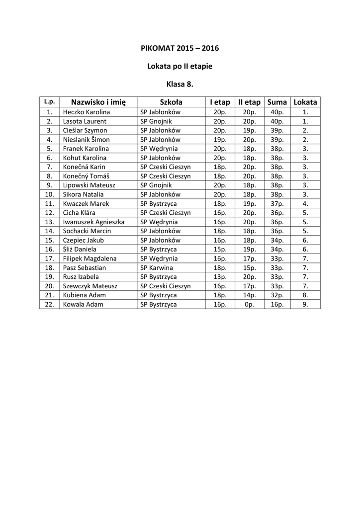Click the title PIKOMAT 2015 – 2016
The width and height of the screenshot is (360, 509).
180,48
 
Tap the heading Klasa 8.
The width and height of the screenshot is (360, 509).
180,84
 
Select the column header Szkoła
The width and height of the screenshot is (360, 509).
171,102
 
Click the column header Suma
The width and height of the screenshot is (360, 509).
277,102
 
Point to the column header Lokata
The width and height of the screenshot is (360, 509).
305,102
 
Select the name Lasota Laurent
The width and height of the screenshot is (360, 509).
84,121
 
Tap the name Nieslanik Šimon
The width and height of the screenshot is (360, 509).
86,140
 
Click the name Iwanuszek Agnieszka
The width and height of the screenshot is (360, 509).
93,222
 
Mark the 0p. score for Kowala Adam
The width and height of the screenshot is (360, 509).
249,304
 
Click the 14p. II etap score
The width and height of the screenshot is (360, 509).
249,295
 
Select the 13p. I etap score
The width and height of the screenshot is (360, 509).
220,276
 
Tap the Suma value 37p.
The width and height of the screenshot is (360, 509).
277,203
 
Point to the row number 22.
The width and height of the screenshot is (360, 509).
49,304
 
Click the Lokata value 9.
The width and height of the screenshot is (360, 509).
305,304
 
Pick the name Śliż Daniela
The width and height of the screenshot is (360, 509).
80,249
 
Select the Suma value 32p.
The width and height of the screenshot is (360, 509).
277,295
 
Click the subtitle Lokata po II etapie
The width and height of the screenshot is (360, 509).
180,66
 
